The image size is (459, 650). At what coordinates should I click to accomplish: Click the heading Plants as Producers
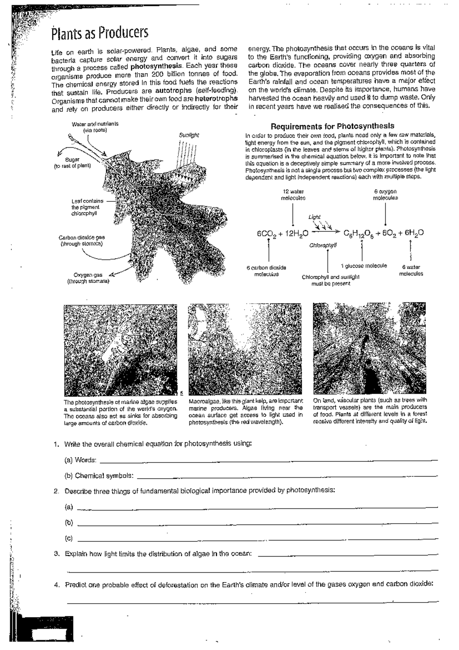100,34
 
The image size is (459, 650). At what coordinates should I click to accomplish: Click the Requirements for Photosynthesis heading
332,126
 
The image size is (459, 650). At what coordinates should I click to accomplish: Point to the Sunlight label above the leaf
189,136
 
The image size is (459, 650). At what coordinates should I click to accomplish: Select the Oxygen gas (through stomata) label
88,278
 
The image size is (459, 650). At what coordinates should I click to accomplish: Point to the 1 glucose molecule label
363,266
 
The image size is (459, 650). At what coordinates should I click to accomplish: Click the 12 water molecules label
293,194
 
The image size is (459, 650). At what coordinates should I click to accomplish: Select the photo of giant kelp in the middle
245,349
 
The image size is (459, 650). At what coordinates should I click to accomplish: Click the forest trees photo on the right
369,348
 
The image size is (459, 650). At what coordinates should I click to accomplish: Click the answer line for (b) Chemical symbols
287,476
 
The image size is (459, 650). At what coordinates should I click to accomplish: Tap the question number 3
56,554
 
